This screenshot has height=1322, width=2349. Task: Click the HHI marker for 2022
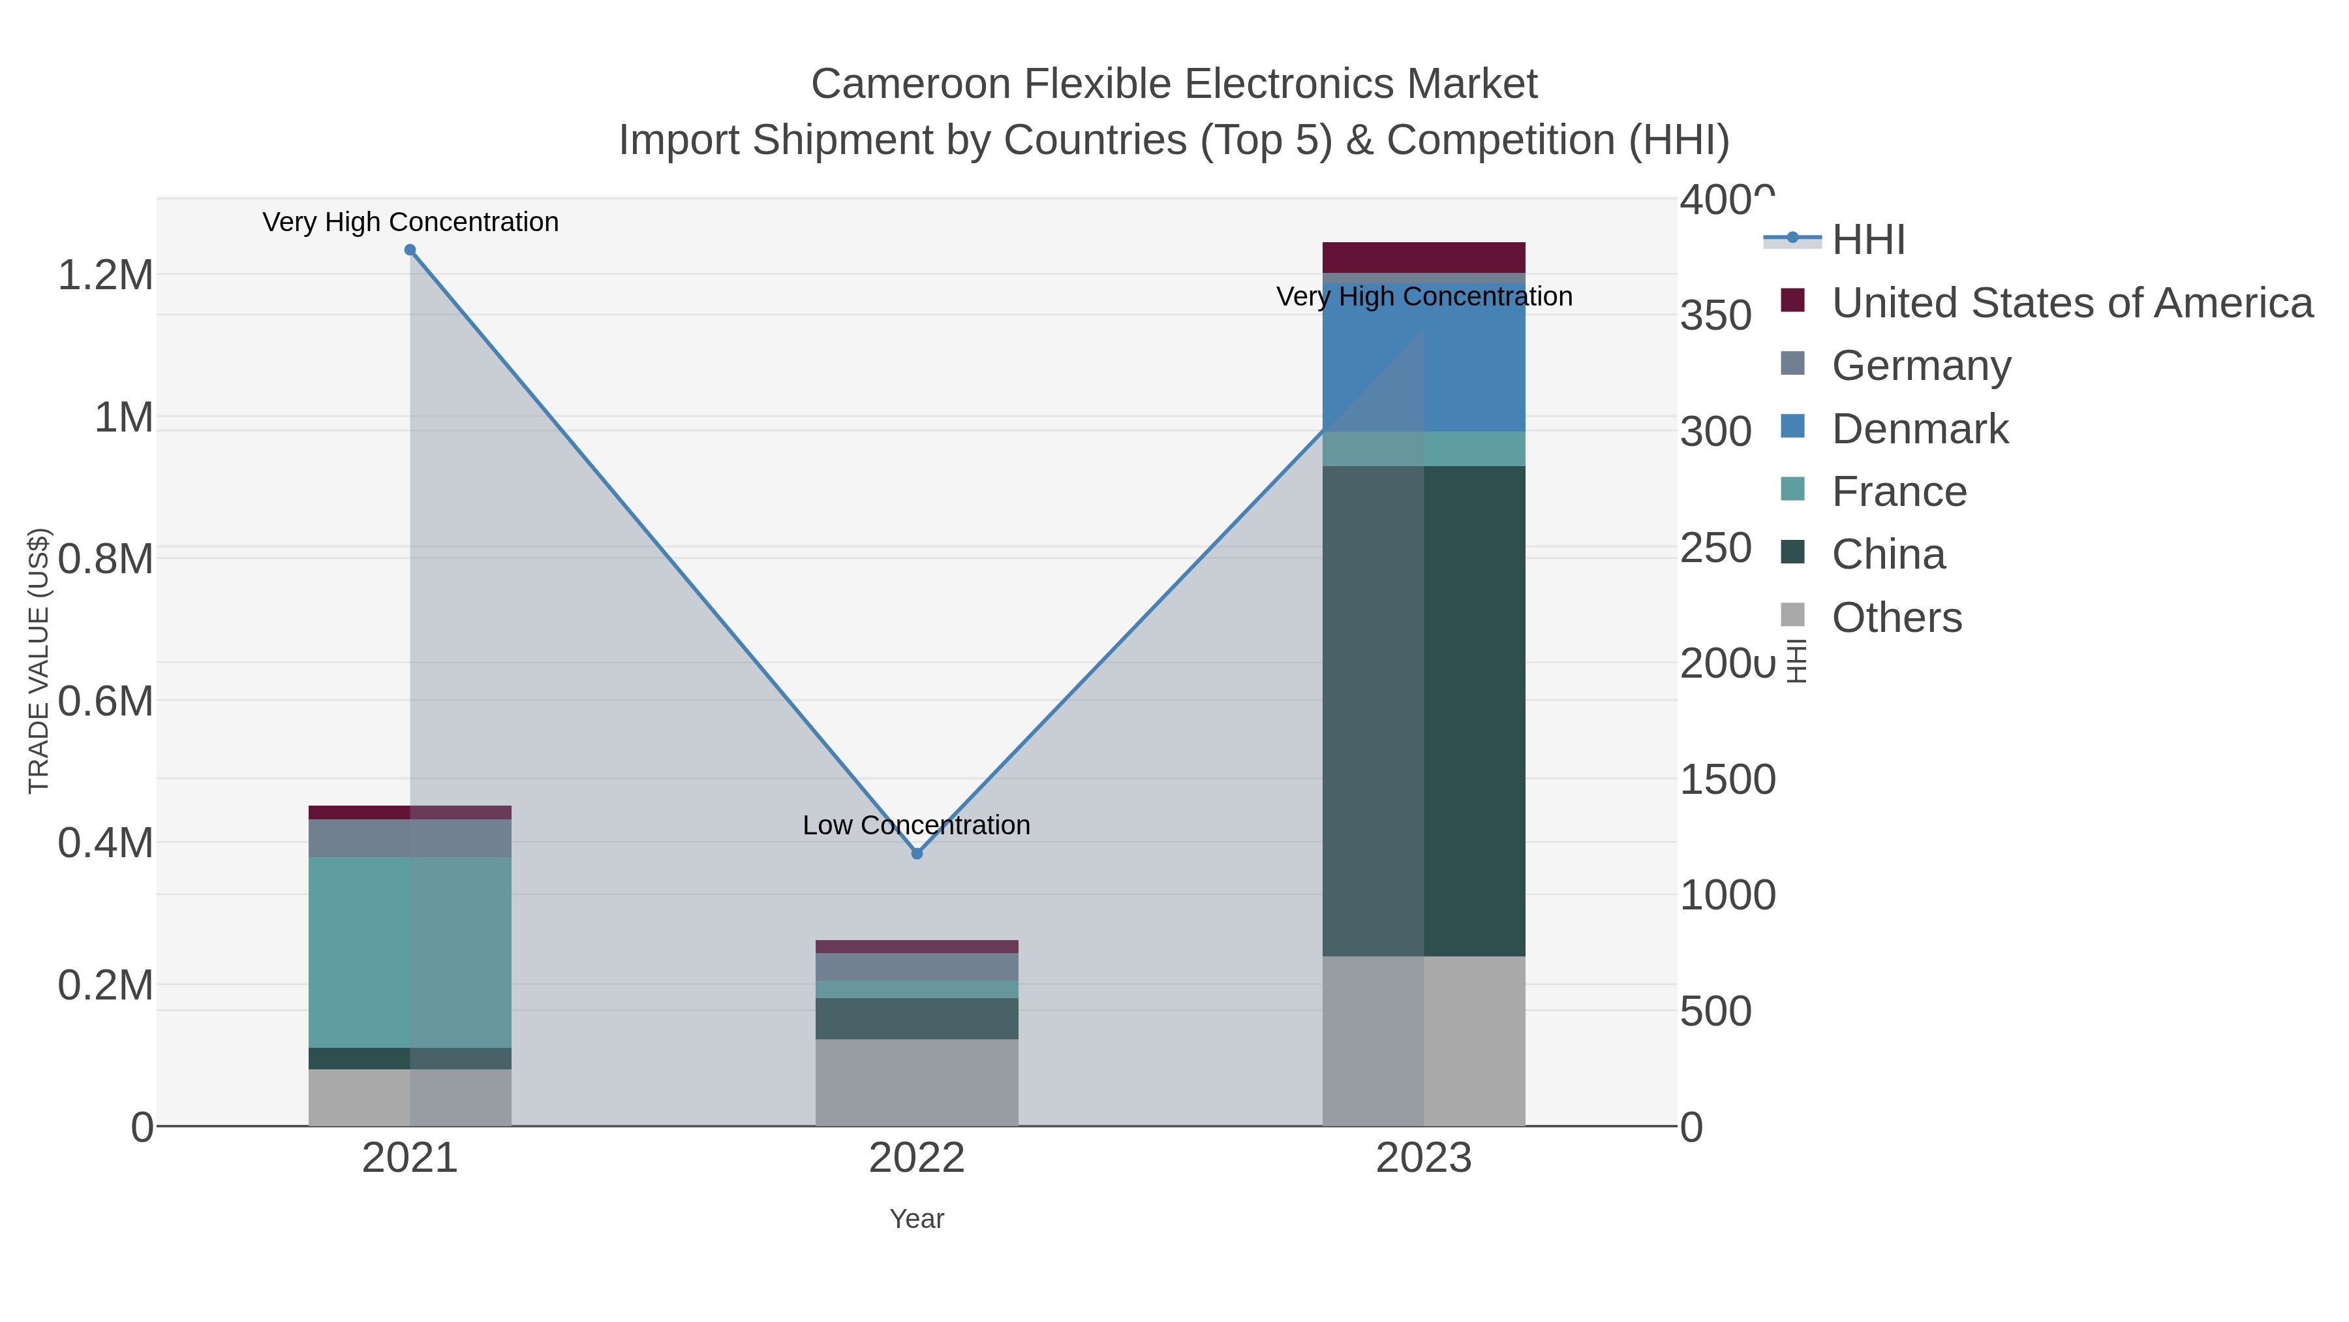pos(917,853)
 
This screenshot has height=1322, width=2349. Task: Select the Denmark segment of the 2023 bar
pos(1424,358)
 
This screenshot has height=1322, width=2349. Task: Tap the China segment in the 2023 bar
pos(1424,711)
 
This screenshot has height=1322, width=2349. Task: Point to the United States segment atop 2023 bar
pos(1424,257)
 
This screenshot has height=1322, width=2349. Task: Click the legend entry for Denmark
pos(1920,429)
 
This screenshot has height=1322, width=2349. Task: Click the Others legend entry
pos(1897,618)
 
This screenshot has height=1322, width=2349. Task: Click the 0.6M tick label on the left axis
pos(106,702)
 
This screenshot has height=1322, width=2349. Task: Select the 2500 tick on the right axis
pos(1715,548)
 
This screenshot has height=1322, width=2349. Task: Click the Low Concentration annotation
pos(917,825)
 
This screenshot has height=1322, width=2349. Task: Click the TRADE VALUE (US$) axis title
pos(38,661)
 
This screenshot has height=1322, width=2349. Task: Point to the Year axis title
pos(917,1219)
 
